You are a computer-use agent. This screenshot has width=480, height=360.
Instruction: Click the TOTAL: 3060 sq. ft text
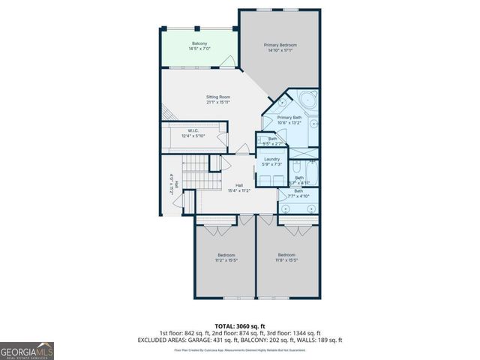(x=239, y=325)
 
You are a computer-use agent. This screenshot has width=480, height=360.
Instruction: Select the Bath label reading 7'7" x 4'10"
(x=298, y=193)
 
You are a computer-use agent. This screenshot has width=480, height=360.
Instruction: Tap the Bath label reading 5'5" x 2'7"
(x=272, y=141)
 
